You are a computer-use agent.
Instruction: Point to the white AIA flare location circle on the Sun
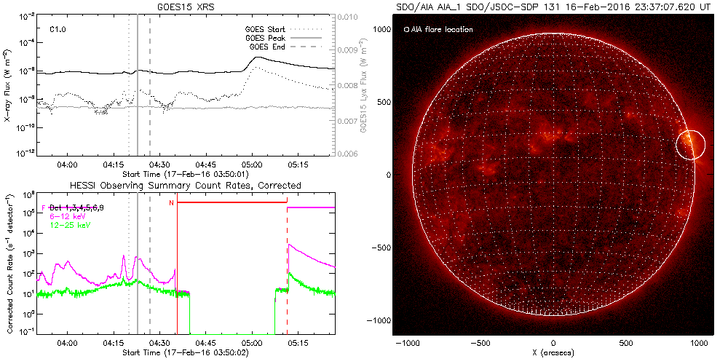click(690, 144)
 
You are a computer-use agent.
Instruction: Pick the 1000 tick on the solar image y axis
click(383, 29)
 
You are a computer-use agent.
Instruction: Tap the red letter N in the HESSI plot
click(171, 203)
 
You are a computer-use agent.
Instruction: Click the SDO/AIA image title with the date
click(553, 7)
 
